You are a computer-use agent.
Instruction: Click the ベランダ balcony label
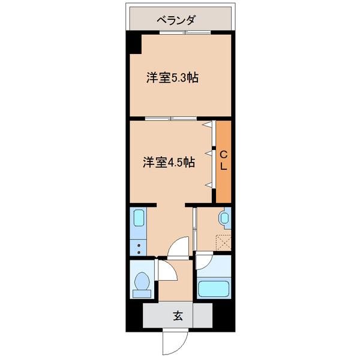[176, 20]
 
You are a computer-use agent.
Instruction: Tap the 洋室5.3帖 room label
[173, 77]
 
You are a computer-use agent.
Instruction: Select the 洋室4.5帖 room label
[169, 162]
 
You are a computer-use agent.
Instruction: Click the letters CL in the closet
[223, 161]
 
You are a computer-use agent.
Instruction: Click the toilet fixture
[142, 283]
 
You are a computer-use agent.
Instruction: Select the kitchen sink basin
[137, 221]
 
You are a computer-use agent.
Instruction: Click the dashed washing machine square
[224, 242]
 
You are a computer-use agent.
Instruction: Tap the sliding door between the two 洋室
[172, 118]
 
